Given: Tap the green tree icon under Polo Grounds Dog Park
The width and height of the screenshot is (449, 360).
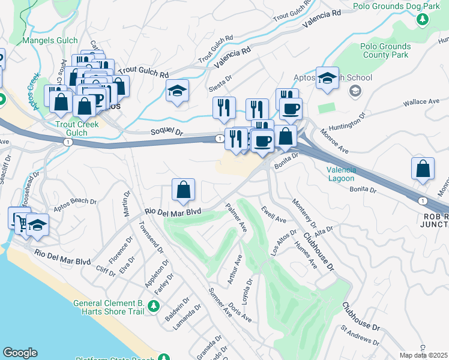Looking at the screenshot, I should click(423, 19).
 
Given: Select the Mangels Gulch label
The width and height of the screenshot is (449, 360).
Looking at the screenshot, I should click(50, 41).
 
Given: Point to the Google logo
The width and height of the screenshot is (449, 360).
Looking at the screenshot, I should click(19, 353).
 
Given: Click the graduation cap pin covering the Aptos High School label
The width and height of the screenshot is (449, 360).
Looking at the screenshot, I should click(327, 79).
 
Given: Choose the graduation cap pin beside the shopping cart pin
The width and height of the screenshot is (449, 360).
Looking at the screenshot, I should click(37, 225).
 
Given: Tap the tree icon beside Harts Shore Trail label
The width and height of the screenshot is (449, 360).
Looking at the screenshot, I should click(153, 307).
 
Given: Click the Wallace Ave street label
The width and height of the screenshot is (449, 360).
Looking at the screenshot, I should click(421, 103).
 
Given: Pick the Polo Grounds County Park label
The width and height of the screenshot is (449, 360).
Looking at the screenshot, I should click(385, 50).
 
